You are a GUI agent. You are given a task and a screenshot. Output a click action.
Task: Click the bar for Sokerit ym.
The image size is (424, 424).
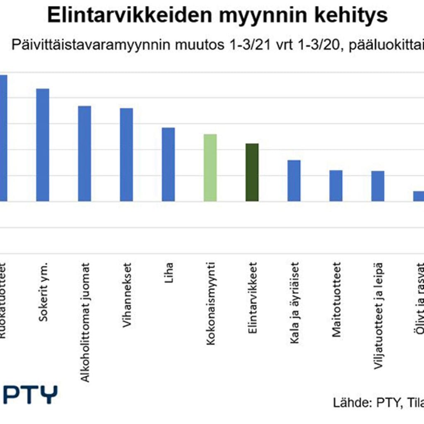pos(43,145)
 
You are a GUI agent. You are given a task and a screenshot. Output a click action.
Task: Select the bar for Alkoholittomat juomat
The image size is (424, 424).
pos(84,154)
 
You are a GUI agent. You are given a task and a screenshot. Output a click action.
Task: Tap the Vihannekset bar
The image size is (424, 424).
pos(126,154)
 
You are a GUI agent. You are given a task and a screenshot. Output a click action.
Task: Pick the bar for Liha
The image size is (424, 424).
pos(168,164)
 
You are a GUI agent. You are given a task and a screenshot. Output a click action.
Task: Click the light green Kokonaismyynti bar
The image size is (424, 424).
pos(210,168)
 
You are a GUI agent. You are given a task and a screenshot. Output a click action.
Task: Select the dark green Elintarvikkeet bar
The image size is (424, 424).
pos(252,172)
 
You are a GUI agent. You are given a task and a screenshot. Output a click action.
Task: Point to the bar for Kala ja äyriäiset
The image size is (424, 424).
pos(294,181)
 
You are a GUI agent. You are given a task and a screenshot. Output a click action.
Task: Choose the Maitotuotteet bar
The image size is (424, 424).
pos(336,185)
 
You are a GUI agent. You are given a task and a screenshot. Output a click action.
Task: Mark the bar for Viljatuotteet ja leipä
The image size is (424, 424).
pos(378,186)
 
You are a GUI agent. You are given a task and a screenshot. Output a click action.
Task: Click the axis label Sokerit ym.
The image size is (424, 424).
pos(44,286)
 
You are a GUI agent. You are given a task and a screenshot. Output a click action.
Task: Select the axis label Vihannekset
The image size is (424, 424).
pos(127,289)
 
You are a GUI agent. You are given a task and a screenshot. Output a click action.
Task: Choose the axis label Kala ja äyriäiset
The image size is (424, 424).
pos(294,297)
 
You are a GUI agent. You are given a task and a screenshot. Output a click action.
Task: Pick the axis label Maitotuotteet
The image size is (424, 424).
pos(336,294)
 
